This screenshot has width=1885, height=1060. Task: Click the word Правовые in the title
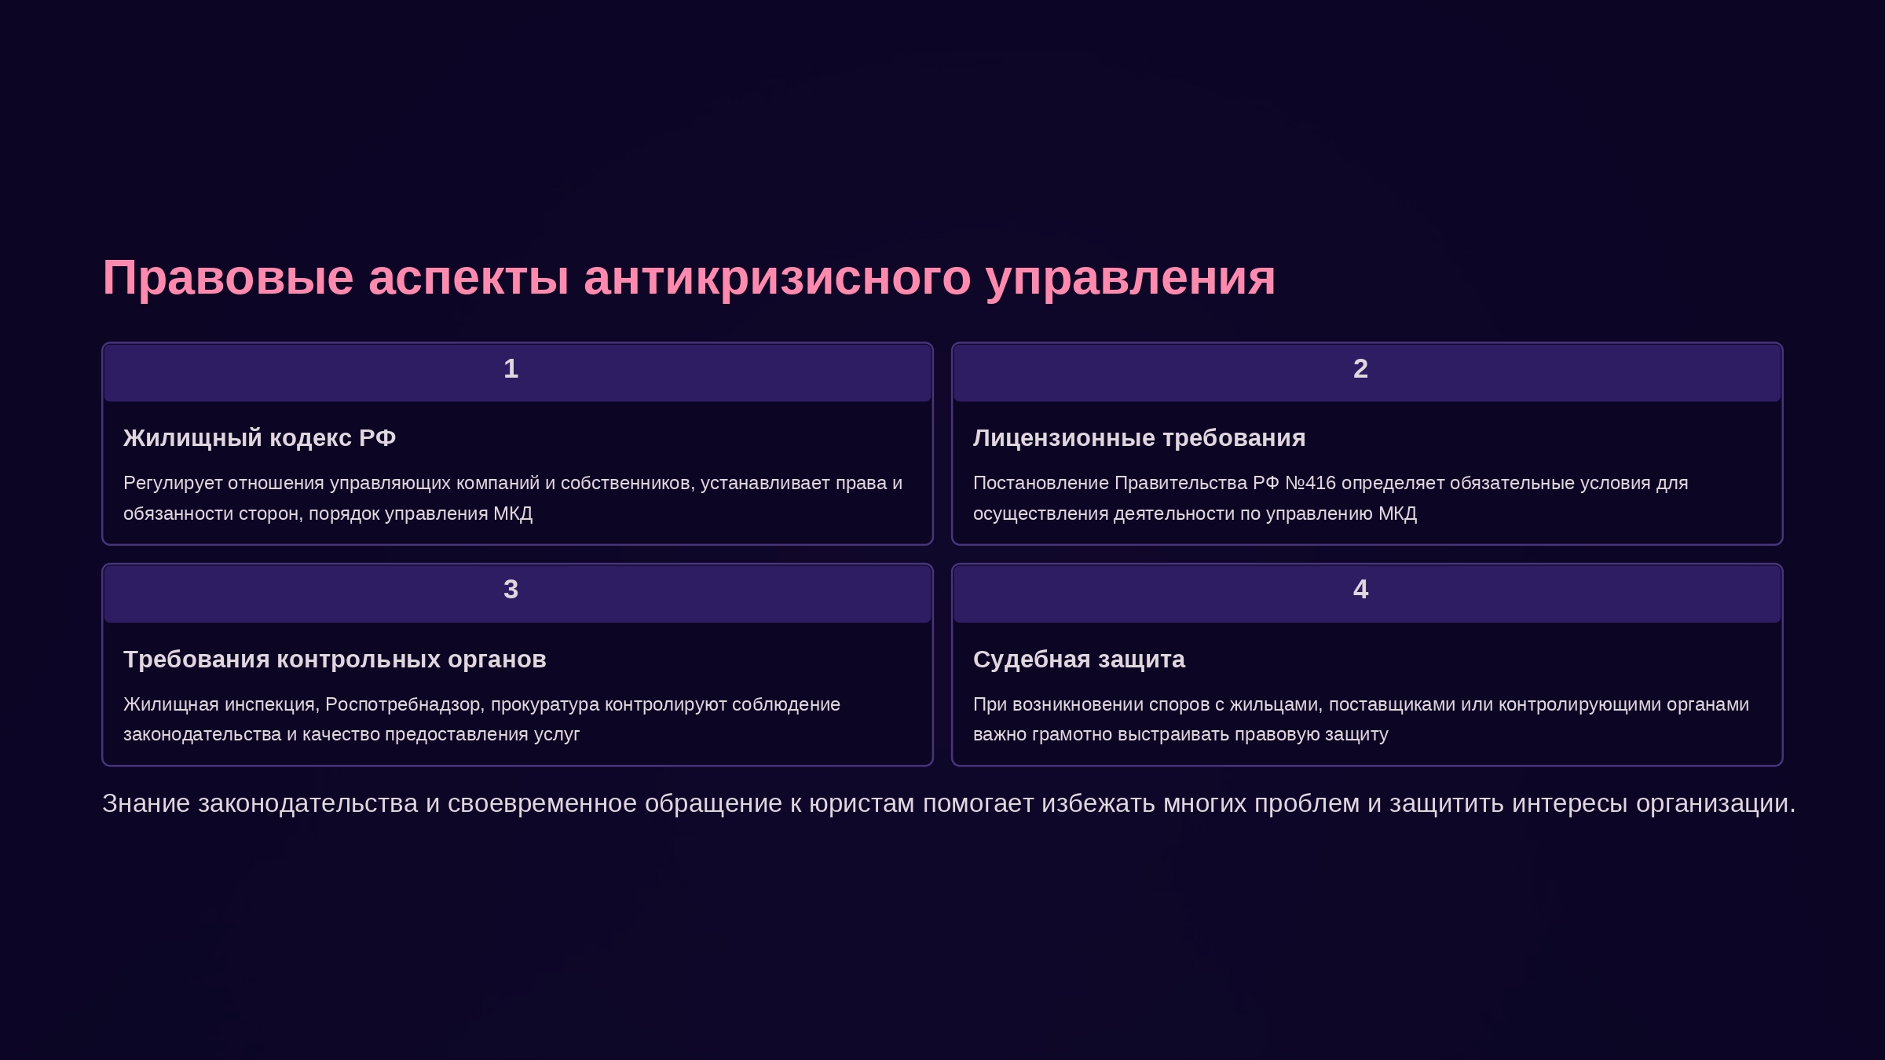[228, 278]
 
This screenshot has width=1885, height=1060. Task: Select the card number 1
[511, 368]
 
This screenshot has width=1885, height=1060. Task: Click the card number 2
[1360, 368]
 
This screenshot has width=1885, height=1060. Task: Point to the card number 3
[511, 589]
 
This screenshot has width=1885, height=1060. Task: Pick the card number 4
[1360, 589]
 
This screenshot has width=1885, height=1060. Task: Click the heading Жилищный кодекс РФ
[259, 438]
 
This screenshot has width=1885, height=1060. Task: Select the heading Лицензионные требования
[1139, 438]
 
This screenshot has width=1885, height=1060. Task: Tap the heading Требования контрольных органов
[335, 660]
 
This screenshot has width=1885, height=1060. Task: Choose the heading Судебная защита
[1079, 660]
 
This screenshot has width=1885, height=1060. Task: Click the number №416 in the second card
[1310, 483]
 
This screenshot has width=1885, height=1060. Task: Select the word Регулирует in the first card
[173, 484]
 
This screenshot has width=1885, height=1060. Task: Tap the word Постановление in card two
[1041, 483]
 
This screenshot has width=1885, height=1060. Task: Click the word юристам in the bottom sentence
[862, 803]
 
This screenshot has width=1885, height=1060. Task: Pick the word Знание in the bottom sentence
[146, 803]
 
